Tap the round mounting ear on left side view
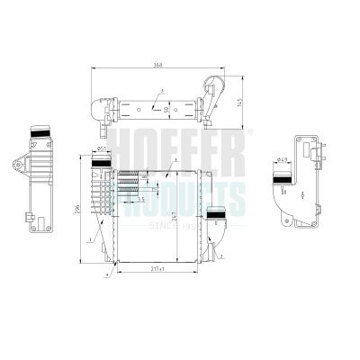pyautogui.click(x=18, y=167)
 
